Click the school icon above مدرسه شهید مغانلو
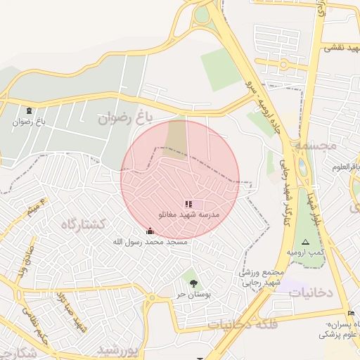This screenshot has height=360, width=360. click(188, 204)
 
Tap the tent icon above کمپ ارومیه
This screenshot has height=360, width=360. click(304, 241)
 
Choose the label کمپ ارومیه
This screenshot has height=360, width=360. click(304, 252)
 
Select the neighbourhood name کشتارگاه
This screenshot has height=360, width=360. click(83, 224)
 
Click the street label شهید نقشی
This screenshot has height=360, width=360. click(340, 48)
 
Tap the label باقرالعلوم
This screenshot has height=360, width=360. click(345, 167)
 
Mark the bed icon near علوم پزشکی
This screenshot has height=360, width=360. click(351, 313)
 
